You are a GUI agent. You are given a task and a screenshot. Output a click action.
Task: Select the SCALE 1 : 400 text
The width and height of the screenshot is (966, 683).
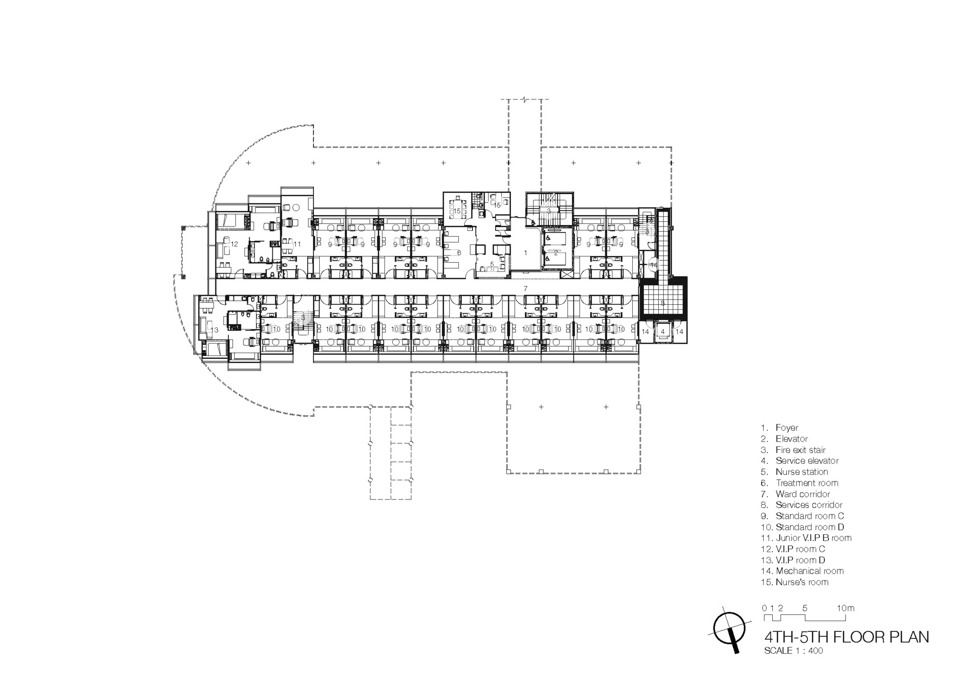point(793,651)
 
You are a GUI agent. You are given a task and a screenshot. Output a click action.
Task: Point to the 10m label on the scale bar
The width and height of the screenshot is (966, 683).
point(845,608)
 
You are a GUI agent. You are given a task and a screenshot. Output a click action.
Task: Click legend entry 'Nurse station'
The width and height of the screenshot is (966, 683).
point(801,472)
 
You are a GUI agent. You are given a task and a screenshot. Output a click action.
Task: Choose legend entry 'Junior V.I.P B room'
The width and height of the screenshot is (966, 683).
point(813,538)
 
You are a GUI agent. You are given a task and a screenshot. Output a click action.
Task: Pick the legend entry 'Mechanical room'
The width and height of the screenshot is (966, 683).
point(809,571)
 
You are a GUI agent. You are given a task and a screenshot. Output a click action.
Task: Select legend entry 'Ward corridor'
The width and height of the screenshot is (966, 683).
point(802,494)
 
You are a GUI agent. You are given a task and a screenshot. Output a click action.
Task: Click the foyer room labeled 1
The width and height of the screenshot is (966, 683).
point(526,253)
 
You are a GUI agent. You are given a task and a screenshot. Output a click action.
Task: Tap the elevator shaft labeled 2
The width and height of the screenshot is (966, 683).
point(556,252)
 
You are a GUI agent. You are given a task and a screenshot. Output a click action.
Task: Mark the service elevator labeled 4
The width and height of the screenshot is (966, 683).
point(663,331)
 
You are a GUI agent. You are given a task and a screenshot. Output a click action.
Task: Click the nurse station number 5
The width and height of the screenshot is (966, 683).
point(492,264)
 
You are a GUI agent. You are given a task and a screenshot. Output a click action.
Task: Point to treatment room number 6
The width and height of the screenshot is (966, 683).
point(459,253)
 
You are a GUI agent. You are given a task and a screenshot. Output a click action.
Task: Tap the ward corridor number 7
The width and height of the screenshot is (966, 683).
point(526,288)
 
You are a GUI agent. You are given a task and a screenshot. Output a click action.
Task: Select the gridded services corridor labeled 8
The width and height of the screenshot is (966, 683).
point(663,303)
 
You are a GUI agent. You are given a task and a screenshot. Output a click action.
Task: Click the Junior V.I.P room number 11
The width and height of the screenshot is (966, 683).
point(297,244)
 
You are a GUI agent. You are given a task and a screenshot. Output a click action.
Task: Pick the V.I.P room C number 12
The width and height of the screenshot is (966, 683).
point(234,244)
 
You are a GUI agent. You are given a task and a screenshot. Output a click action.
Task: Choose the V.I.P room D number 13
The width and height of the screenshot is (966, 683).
point(214,330)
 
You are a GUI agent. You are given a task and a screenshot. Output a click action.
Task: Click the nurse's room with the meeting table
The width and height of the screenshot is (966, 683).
point(457,211)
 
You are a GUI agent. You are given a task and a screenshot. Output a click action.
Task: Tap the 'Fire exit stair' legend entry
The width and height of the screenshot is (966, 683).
point(800,450)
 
